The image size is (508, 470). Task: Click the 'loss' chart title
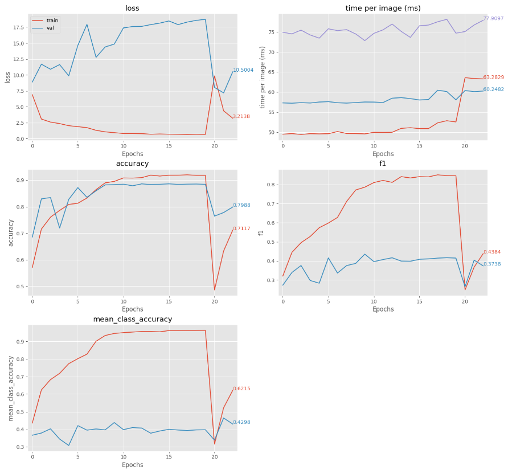132,8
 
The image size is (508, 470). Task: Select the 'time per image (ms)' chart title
383,8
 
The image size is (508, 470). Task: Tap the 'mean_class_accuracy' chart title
132,319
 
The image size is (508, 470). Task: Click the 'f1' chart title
383,164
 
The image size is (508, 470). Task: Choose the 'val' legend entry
50,27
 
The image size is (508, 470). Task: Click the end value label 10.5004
243,70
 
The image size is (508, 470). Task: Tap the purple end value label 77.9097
493,19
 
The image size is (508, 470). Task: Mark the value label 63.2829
493,77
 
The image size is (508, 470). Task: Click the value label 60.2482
493,89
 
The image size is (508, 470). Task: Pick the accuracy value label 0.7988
241,205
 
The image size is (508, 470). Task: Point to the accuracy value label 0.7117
241,228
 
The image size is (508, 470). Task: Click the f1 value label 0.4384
492,252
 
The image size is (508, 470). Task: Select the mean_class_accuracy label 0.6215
241,389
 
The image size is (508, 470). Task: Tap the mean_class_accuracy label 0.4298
241,422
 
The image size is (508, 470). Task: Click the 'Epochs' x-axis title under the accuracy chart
132,309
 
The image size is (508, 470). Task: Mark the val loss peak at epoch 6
87,24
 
